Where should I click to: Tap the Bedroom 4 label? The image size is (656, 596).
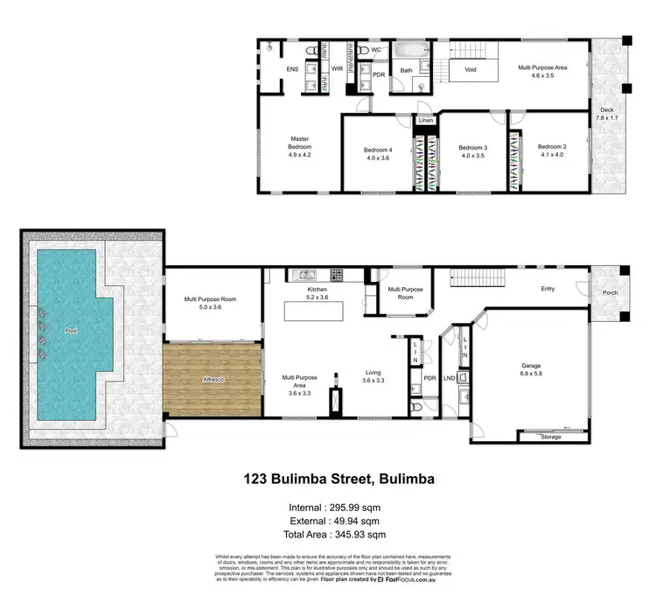point(378,154)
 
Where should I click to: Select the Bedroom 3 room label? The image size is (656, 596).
point(472,152)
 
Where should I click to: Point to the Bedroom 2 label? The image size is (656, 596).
point(552,151)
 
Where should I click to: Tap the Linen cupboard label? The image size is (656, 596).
point(426,120)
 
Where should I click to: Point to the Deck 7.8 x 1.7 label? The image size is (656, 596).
point(607,113)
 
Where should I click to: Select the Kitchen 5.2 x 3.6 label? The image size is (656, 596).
point(317,293)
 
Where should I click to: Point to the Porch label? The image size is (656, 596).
point(608,294)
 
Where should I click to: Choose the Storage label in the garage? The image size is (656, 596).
point(551,436)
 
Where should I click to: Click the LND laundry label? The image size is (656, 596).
point(450,378)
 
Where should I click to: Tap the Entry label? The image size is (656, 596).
point(548,288)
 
